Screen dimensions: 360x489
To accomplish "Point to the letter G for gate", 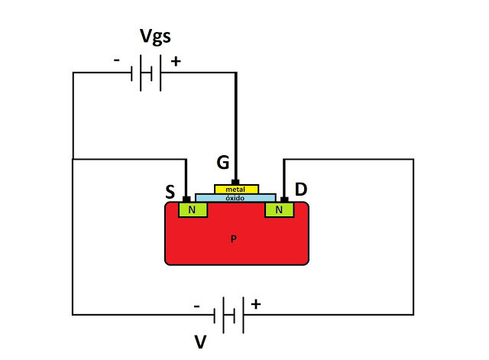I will click(222, 162).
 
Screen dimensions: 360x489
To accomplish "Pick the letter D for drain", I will click(300, 189).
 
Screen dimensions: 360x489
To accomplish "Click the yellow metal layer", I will click(236, 189).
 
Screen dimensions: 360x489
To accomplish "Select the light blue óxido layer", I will click(235, 197).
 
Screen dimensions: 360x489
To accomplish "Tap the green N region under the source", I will click(192, 209).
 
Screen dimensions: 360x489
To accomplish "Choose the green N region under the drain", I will click(279, 209).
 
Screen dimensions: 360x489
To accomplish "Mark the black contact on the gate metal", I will click(235, 182).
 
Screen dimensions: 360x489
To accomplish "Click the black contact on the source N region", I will click(186, 199).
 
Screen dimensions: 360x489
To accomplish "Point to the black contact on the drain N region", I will click(283, 199).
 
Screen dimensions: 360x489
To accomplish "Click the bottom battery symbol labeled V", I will click(228, 315).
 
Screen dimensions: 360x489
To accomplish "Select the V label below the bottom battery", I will click(200, 342).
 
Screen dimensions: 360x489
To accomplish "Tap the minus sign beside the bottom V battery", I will click(197, 305).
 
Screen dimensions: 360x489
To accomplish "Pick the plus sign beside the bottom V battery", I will click(255, 304).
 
